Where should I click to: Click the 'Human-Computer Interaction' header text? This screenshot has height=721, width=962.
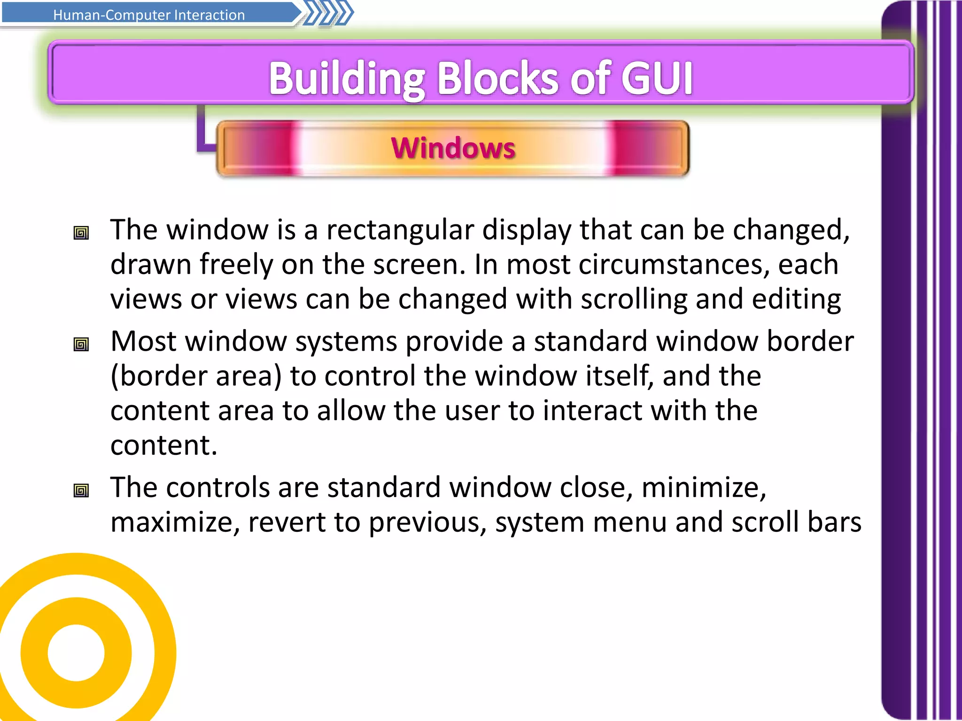(x=149, y=15)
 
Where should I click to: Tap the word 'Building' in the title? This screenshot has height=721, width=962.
(x=347, y=78)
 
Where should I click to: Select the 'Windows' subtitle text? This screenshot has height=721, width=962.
(x=453, y=148)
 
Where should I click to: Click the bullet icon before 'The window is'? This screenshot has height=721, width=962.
(x=81, y=233)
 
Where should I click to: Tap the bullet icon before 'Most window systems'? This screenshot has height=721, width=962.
(x=81, y=345)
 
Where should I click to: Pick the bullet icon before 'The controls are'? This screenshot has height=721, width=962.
(x=81, y=491)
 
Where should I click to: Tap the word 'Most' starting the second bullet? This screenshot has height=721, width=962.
(x=143, y=341)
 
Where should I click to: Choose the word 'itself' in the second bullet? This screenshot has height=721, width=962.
(x=619, y=376)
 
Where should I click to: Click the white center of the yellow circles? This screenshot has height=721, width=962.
(x=76, y=652)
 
